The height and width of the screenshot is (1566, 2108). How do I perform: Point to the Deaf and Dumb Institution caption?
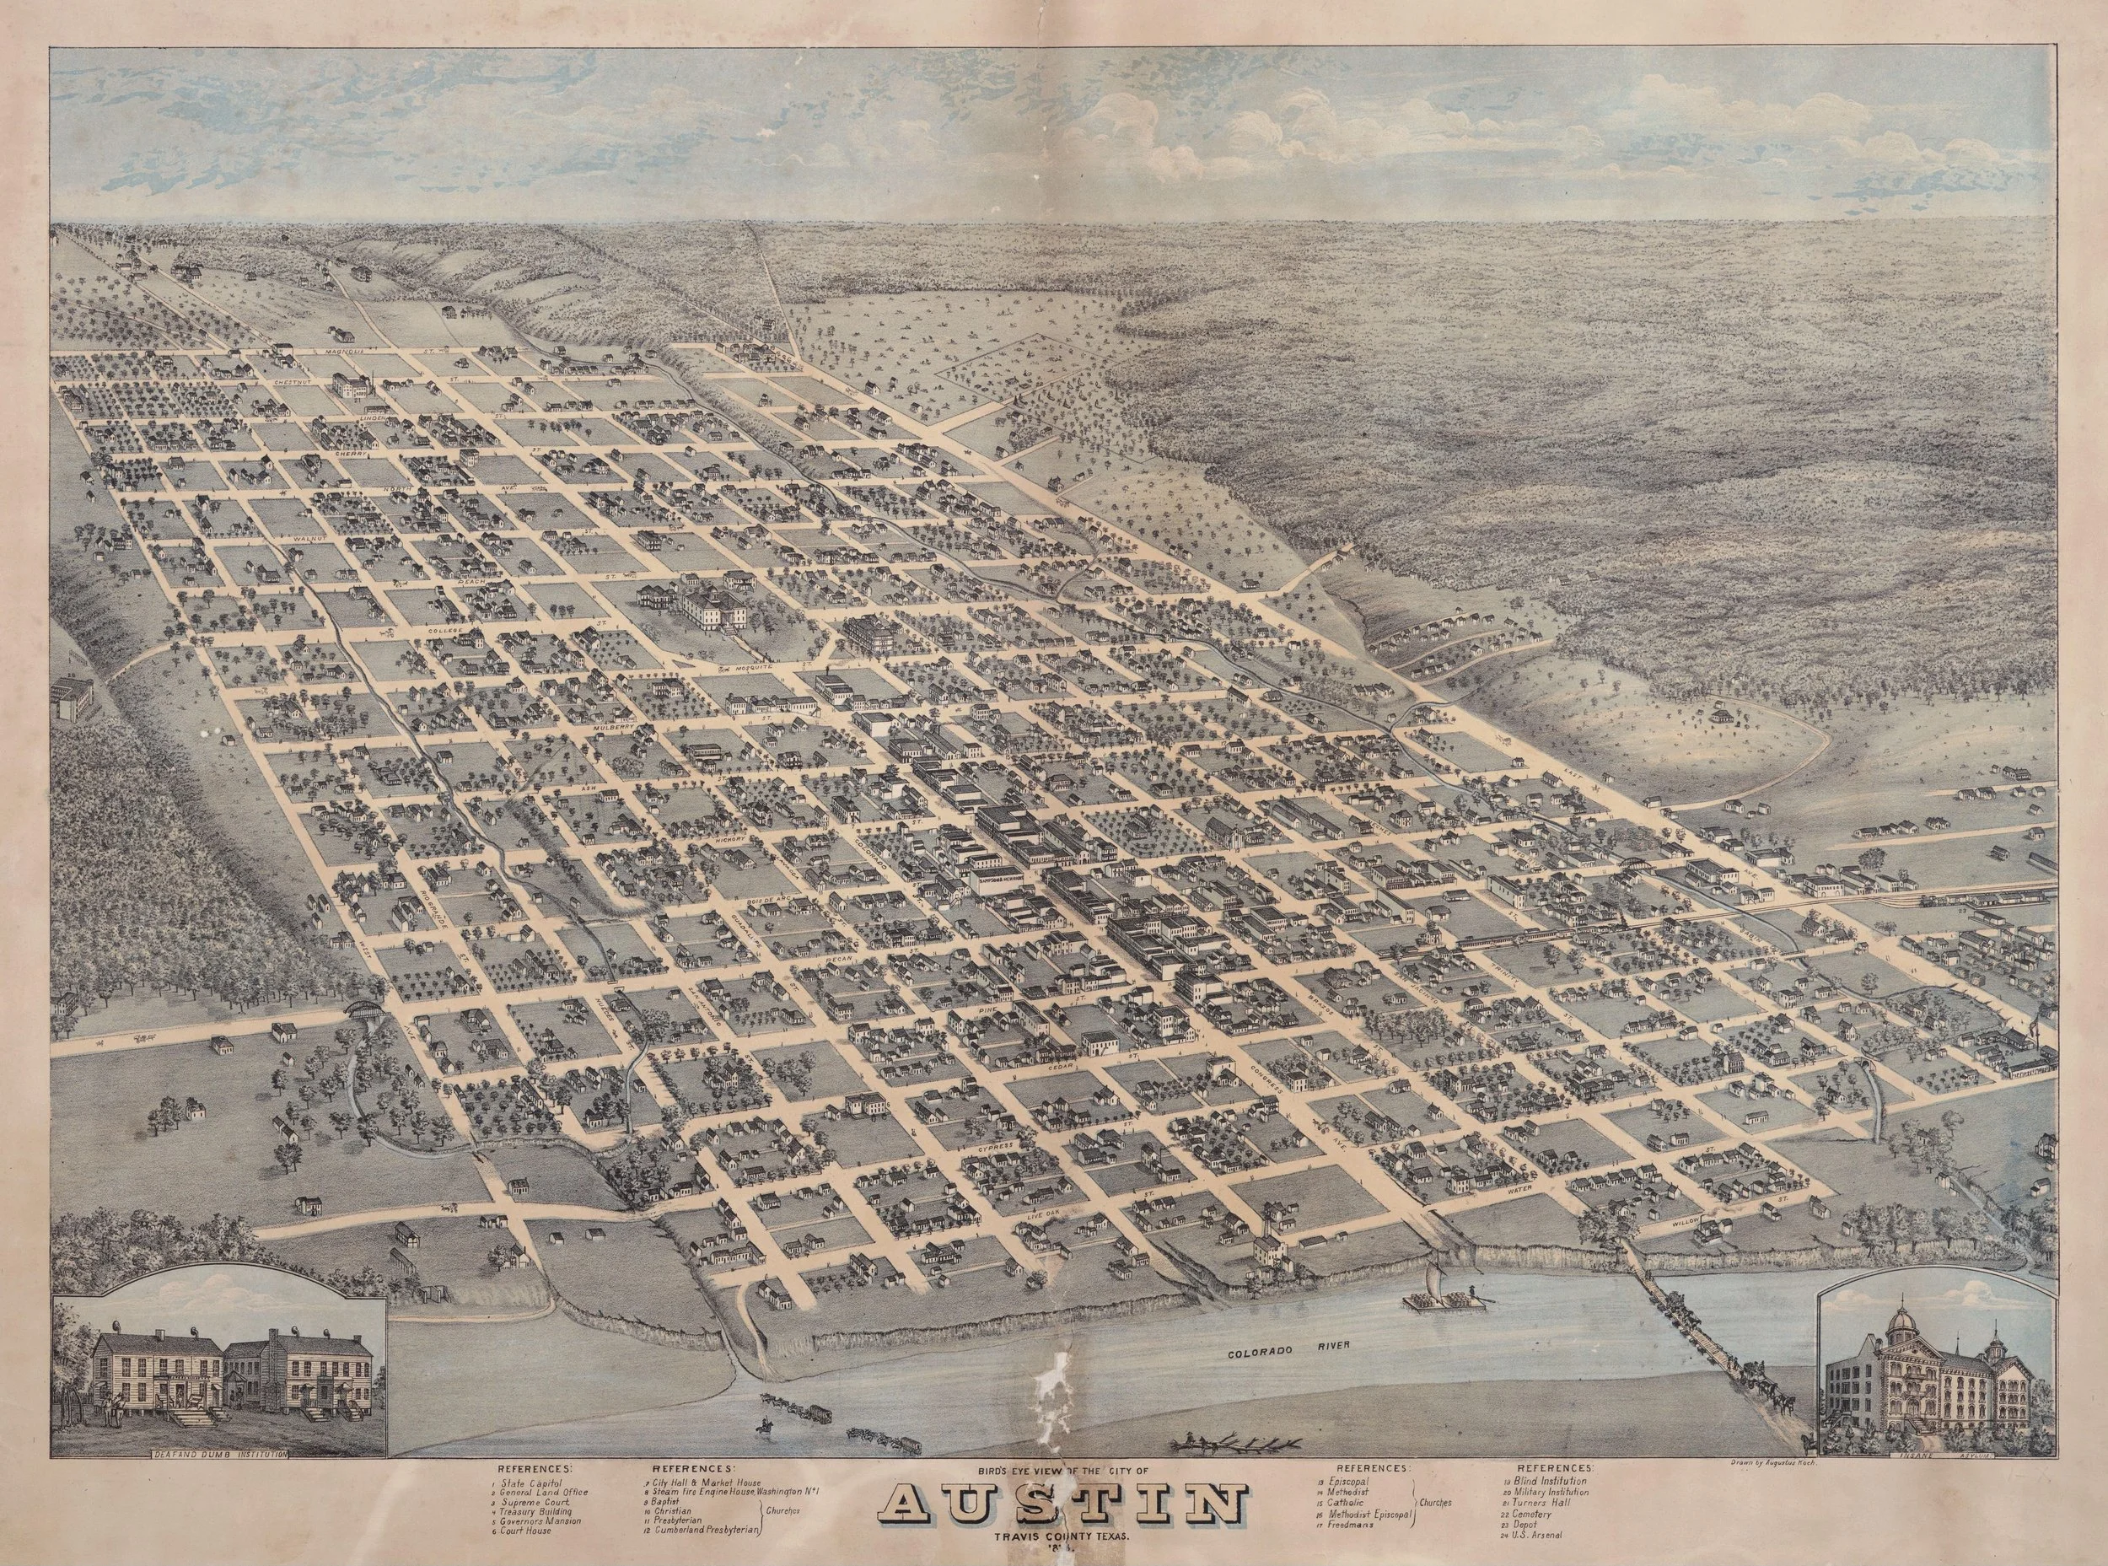[219, 1454]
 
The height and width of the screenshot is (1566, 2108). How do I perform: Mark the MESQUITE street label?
[749, 667]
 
